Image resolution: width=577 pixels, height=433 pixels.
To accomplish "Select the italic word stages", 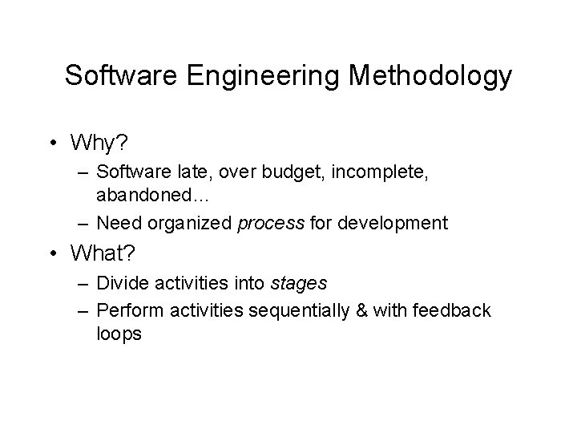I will click(x=298, y=284).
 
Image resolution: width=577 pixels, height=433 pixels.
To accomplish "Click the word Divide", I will click(x=120, y=284).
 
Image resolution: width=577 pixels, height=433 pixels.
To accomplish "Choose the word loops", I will click(x=119, y=334).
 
